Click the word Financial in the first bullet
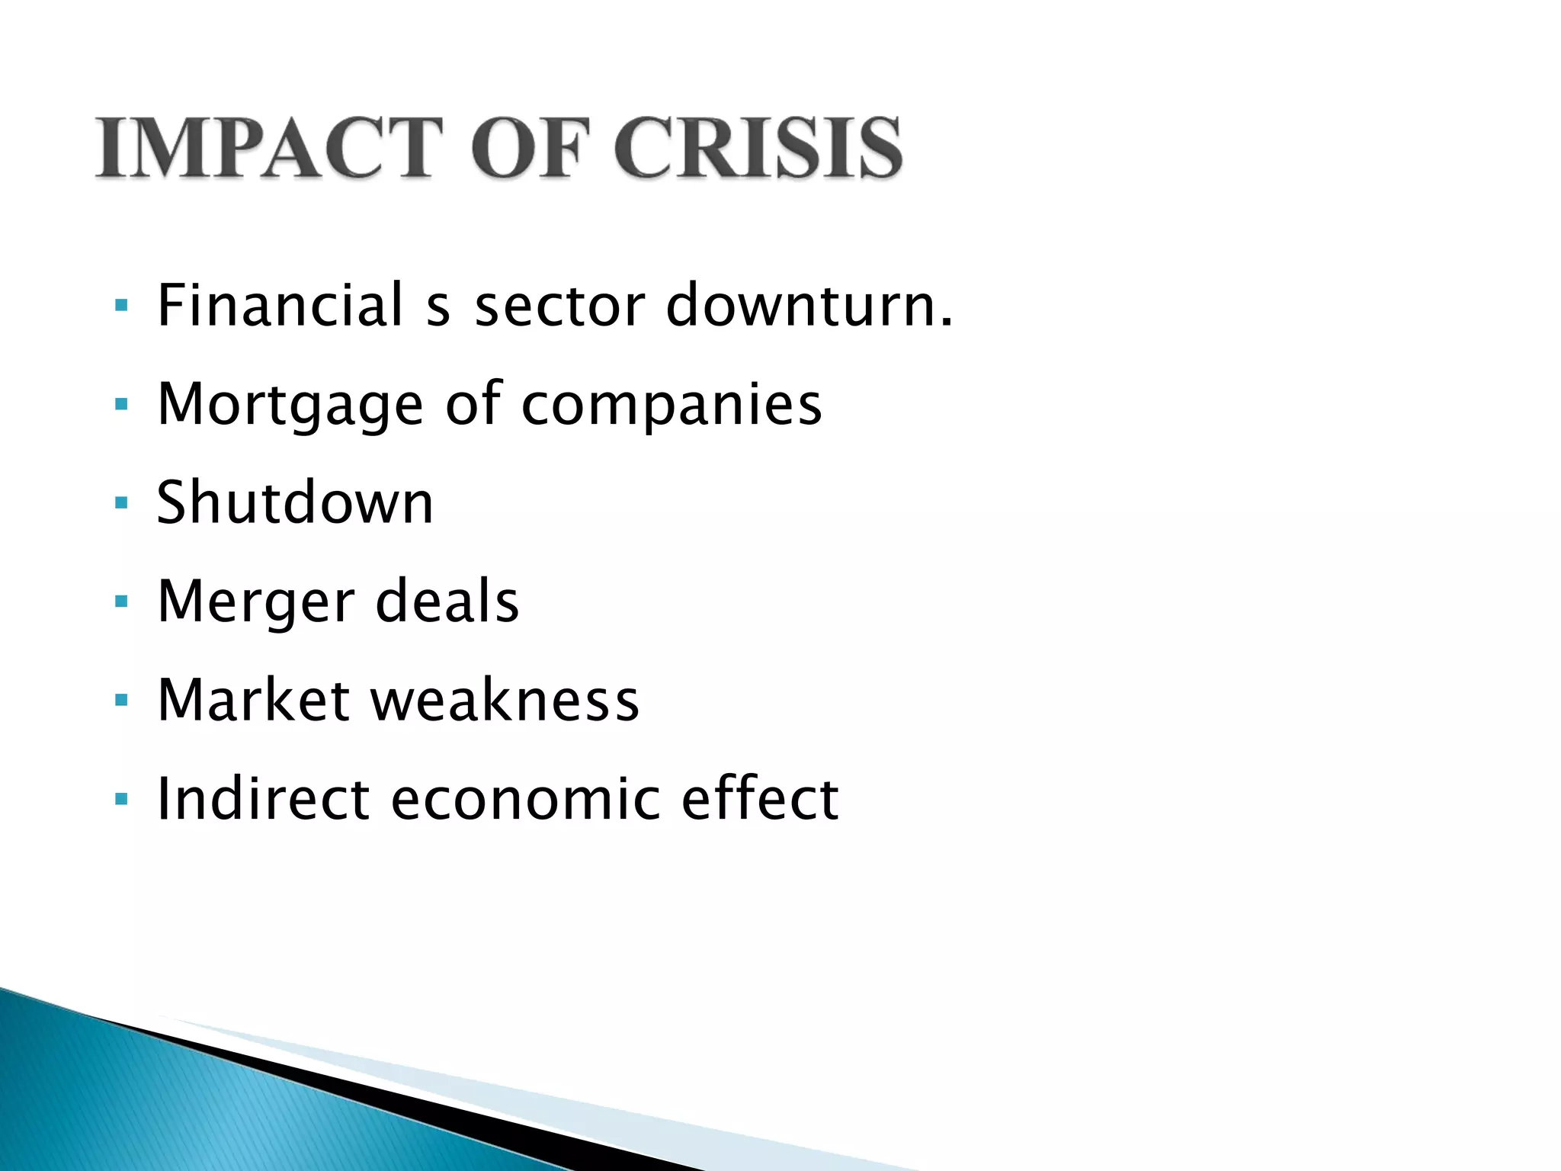(280, 305)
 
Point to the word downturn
(809, 305)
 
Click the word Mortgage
(290, 405)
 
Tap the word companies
(672, 405)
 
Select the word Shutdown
(295, 503)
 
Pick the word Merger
(256, 602)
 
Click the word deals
(447, 601)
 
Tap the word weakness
(505, 700)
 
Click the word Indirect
(264, 799)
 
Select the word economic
(526, 799)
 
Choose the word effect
(760, 799)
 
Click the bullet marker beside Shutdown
(120, 503)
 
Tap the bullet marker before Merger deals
(120, 602)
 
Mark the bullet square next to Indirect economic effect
(120, 799)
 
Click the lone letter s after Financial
(438, 308)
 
